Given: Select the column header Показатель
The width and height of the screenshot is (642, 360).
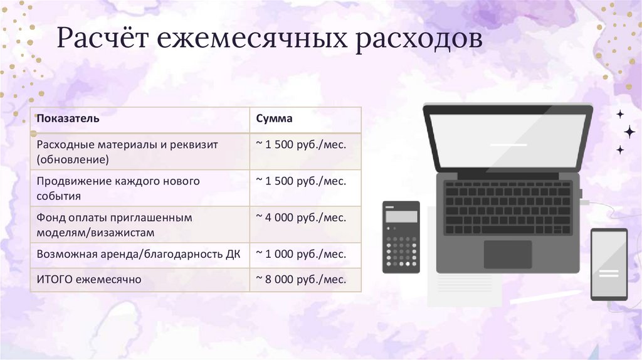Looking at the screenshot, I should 67,118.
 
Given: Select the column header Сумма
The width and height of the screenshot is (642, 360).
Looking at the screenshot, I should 275,118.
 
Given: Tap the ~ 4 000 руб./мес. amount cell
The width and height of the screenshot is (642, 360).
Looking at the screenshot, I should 300,217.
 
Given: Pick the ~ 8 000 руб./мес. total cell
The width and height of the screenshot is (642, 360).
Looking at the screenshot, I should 300,278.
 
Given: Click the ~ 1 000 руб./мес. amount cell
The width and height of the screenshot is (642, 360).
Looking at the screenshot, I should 300,254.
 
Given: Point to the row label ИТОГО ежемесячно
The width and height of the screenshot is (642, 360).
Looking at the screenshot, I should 89,278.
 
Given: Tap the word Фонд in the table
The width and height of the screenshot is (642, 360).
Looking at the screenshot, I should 50,217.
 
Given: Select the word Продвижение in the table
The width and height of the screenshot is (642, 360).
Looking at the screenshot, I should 74,181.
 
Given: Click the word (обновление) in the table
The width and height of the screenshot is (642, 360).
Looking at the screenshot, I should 73,159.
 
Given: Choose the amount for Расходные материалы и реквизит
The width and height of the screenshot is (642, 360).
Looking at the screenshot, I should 300,144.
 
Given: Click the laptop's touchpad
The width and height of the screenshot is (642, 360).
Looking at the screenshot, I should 507,253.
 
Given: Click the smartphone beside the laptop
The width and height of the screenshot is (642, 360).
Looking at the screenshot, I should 609,263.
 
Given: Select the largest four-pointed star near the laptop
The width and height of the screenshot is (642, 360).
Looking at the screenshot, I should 628,131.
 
